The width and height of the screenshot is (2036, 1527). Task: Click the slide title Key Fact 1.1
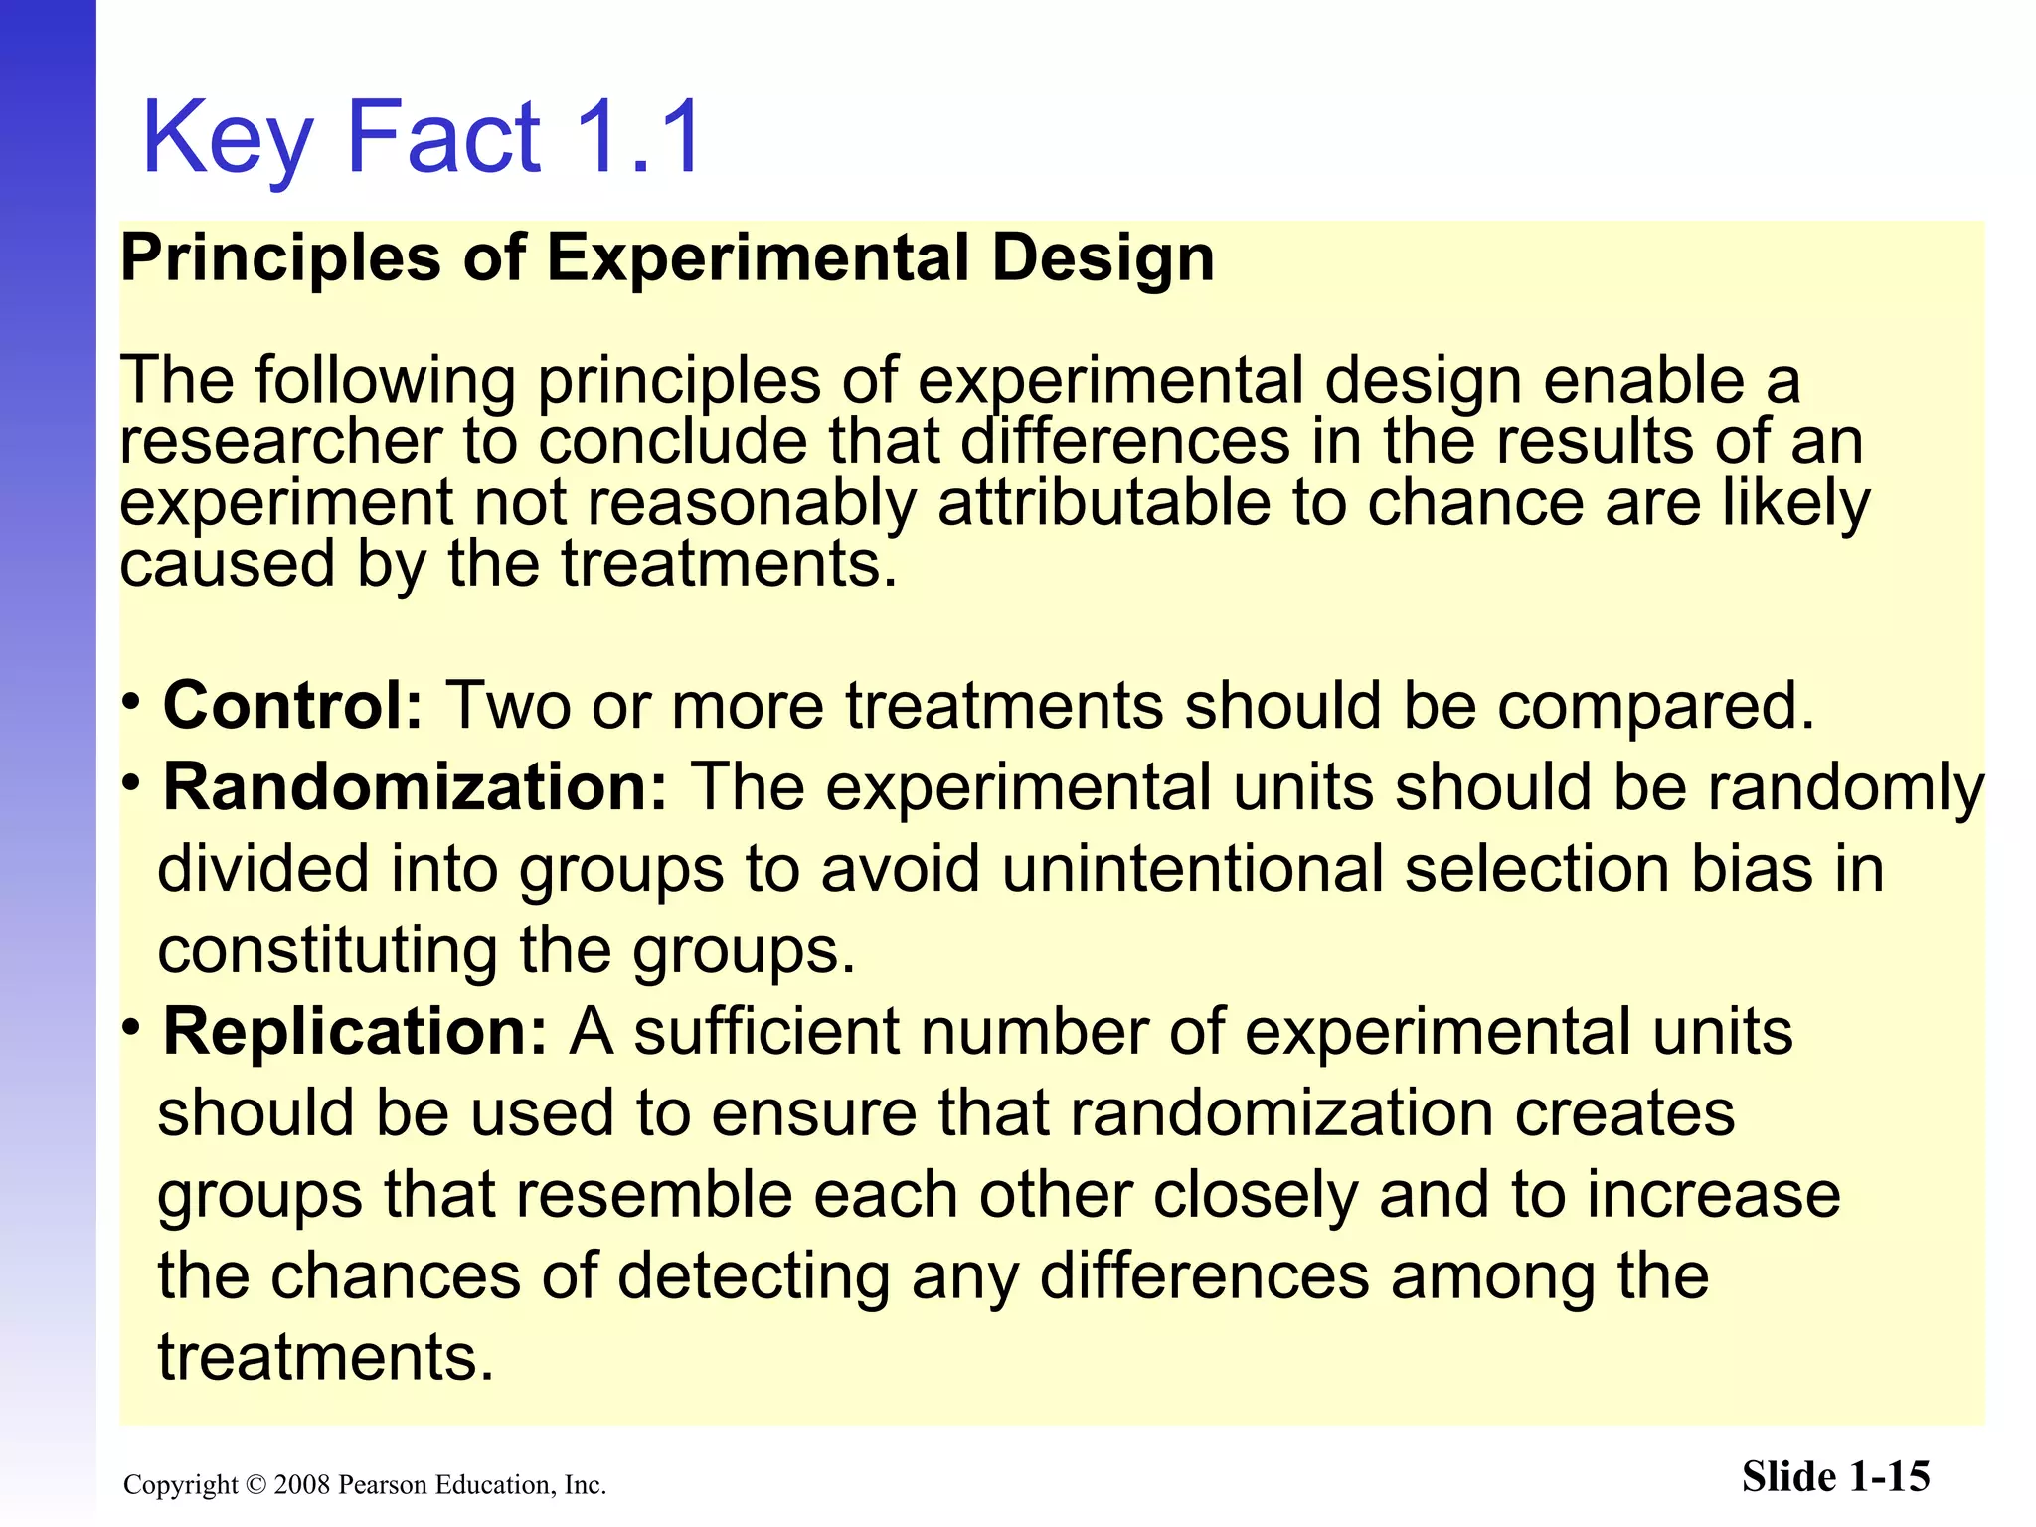(x=423, y=137)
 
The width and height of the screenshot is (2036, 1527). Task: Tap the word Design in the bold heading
(x=1103, y=258)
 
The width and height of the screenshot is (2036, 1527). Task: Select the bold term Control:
(x=293, y=706)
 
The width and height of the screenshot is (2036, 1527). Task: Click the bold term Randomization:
(x=416, y=787)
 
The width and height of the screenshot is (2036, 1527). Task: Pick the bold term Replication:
(x=355, y=1032)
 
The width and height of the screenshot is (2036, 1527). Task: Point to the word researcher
(x=280, y=443)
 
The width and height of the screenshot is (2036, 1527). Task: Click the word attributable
(x=1103, y=503)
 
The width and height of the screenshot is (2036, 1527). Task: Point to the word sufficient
(x=766, y=1033)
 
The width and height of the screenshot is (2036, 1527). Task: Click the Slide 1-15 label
(x=1835, y=1477)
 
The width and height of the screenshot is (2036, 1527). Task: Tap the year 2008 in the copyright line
(x=302, y=1485)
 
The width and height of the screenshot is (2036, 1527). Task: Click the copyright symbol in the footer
(x=256, y=1485)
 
